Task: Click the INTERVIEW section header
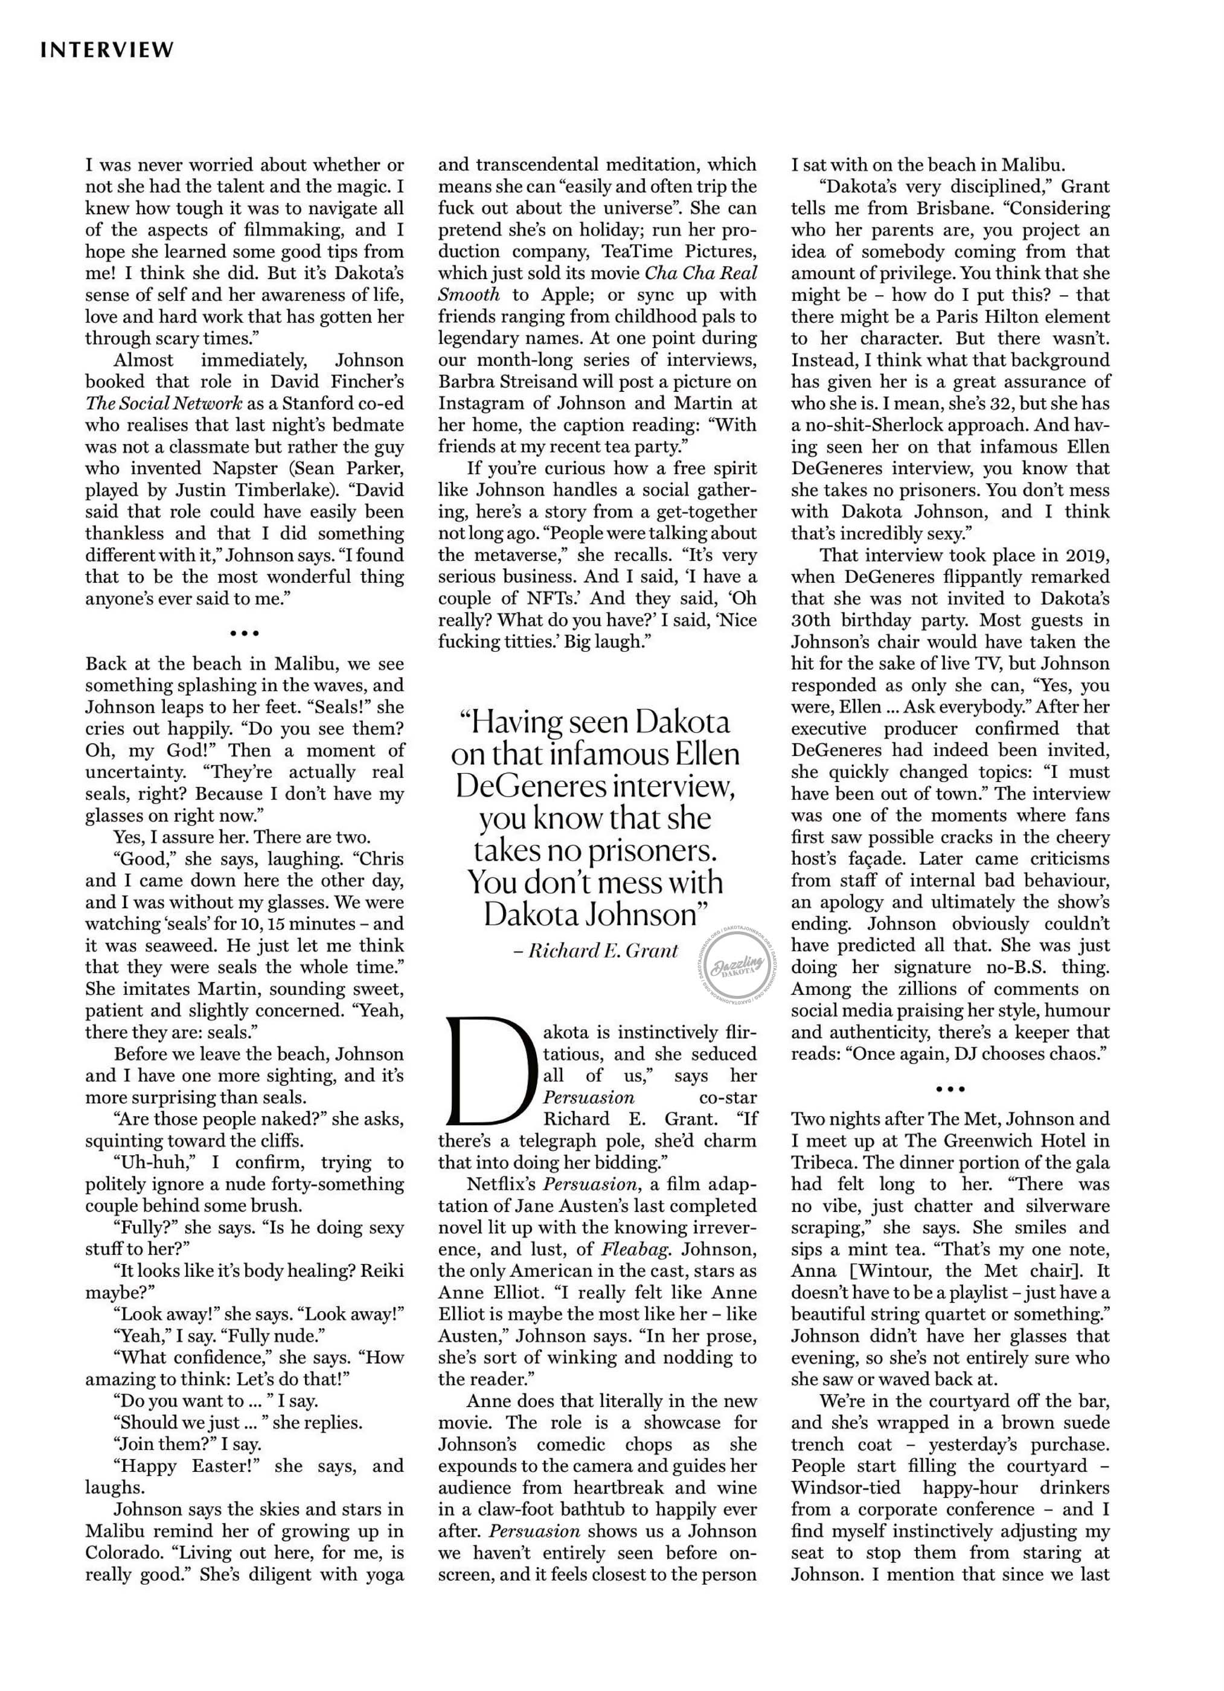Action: (x=107, y=50)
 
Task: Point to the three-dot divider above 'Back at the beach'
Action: (x=245, y=634)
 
